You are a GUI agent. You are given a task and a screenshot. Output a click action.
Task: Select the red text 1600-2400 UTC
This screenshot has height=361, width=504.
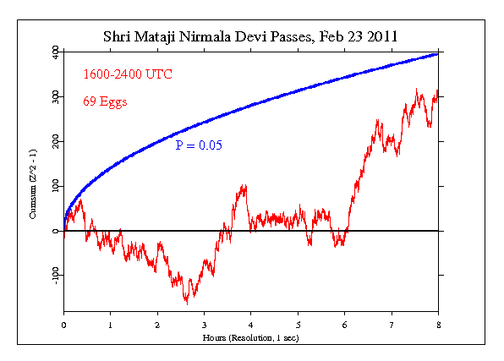(x=127, y=75)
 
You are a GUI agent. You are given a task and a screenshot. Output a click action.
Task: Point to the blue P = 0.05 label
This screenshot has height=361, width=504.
(x=199, y=145)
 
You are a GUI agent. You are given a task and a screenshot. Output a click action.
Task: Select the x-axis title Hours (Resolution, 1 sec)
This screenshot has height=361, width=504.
(x=251, y=336)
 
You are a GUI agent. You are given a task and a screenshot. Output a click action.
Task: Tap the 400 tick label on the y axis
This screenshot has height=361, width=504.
(x=54, y=52)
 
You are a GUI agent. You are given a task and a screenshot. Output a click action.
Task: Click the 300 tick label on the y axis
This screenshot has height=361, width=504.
(x=54, y=96)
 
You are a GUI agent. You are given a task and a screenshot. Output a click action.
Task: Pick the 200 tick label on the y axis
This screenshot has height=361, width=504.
(x=54, y=140)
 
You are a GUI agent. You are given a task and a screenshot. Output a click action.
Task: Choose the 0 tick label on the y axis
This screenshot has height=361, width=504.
(x=54, y=230)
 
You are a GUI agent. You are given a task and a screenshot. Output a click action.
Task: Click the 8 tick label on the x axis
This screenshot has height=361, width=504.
(x=438, y=325)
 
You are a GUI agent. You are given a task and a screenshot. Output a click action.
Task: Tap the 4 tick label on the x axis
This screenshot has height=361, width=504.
(x=251, y=325)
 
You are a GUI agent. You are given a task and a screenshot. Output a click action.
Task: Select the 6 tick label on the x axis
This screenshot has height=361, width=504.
(x=344, y=325)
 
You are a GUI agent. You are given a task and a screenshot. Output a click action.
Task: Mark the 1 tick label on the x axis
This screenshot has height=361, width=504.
(x=111, y=325)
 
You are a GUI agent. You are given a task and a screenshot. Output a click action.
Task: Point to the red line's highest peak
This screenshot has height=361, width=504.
(x=416, y=88)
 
